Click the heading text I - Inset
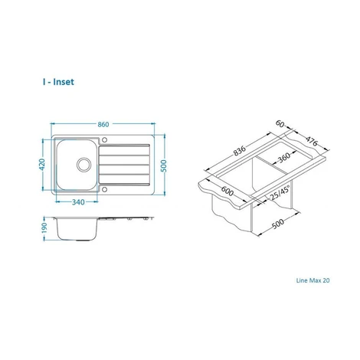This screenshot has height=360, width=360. [58, 82]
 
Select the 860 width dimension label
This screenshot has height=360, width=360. [103, 124]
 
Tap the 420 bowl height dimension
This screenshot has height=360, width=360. [42, 165]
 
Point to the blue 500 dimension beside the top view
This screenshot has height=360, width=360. [164, 166]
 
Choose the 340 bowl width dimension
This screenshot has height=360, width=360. [78, 202]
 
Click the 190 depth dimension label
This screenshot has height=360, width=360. [44, 227]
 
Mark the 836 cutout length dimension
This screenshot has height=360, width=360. [240, 151]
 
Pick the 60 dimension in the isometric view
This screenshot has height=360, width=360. [280, 124]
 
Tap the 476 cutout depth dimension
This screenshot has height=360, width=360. [312, 141]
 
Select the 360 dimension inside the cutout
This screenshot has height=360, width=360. [283, 158]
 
